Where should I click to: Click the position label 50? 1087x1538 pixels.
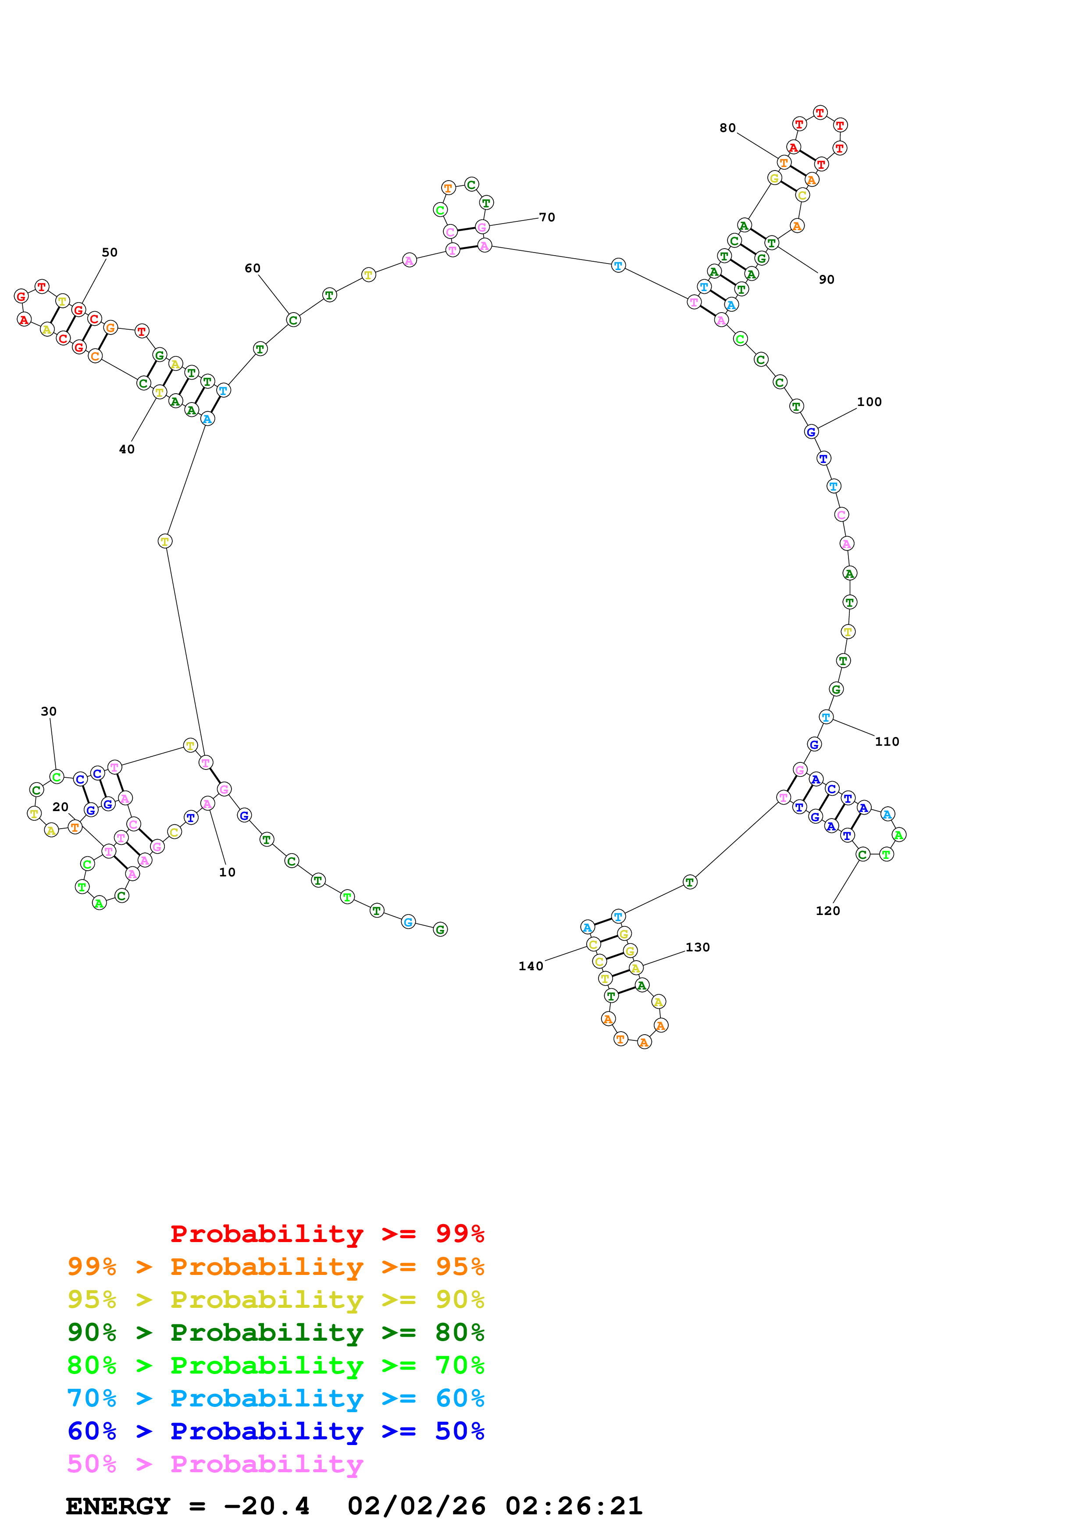109,253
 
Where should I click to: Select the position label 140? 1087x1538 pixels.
531,966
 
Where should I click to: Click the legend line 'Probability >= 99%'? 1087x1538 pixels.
327,1234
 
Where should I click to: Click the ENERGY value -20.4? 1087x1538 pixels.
267,1506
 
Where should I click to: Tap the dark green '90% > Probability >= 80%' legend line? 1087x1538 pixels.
276,1332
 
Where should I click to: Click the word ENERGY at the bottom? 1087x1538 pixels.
118,1506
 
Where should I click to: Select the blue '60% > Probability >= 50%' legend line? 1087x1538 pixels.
276,1431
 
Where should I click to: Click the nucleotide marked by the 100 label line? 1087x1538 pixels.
810,432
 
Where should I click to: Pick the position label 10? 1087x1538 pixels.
227,872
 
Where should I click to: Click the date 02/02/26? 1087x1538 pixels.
416,1506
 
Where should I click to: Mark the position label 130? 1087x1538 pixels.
697,947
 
